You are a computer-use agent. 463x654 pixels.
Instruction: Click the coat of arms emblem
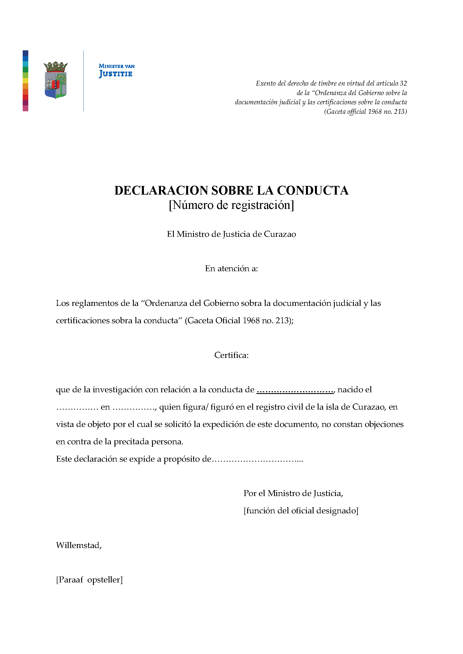(56, 80)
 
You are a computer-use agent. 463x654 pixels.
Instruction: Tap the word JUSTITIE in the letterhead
(116, 74)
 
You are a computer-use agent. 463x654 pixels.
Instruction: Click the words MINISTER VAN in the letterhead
(117, 66)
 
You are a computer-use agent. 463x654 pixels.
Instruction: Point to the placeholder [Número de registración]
(231, 205)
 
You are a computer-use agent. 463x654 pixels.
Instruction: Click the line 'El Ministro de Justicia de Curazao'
(231, 234)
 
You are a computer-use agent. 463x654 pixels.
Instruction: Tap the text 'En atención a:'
(231, 269)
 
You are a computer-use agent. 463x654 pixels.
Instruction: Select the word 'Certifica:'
(231, 355)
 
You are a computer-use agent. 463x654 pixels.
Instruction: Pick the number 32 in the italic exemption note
(403, 83)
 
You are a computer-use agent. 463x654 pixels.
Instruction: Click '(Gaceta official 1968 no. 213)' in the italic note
(365, 112)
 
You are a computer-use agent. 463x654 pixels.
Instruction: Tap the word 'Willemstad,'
(79, 546)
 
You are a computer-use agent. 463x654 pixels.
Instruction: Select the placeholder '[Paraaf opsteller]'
(89, 580)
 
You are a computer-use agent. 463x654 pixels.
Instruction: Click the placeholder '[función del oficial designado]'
(301, 511)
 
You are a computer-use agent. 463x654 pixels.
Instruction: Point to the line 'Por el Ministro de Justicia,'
(293, 493)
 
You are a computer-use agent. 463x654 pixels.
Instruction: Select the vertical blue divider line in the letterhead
(83, 81)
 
